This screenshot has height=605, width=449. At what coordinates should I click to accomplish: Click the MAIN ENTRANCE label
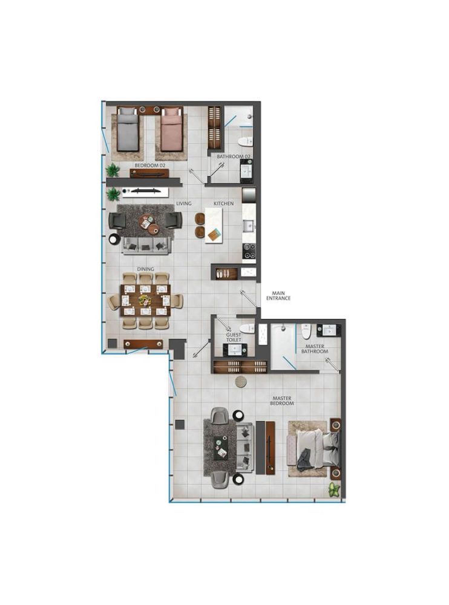(x=278, y=296)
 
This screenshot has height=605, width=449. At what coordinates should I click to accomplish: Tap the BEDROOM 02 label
(x=150, y=165)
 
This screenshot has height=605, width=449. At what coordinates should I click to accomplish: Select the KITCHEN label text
(x=223, y=203)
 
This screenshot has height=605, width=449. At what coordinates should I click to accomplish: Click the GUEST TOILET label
(x=234, y=338)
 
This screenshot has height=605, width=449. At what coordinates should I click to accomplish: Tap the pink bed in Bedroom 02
(x=170, y=129)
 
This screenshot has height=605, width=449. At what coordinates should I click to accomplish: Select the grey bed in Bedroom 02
(x=128, y=129)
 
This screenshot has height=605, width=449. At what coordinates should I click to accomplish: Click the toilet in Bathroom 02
(x=245, y=142)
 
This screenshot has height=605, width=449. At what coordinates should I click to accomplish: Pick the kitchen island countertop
(x=214, y=225)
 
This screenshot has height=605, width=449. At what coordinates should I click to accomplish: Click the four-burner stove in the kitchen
(x=249, y=251)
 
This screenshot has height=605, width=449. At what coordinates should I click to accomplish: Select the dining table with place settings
(x=146, y=301)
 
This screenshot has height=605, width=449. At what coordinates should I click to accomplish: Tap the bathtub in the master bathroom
(x=283, y=346)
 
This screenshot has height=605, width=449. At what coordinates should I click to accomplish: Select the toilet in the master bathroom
(x=307, y=331)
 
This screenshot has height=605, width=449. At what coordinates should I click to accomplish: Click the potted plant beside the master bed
(x=334, y=490)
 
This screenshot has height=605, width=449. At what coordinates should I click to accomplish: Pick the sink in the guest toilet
(x=234, y=350)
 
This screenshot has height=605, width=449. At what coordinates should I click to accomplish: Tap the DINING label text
(x=146, y=269)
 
